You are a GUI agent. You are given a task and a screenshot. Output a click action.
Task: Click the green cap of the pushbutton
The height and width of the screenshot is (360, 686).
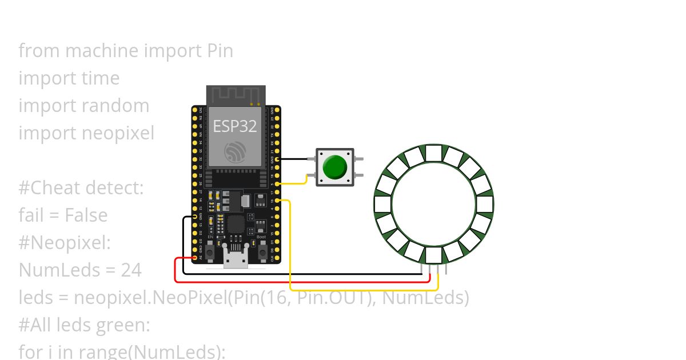pos(334,167)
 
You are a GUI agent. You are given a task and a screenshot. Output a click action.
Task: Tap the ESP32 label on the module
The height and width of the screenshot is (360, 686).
pos(235,126)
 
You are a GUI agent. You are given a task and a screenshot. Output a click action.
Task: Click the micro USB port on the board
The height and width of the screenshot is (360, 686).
pos(236,260)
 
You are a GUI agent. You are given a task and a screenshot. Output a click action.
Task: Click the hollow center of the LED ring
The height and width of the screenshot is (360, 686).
pos(433,205)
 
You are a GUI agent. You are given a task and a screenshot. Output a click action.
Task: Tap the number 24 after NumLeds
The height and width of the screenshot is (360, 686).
pos(131,270)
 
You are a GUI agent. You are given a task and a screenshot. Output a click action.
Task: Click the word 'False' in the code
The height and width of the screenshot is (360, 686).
pos(86,215)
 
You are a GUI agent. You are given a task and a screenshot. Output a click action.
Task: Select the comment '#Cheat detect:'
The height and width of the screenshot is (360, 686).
pos(81,187)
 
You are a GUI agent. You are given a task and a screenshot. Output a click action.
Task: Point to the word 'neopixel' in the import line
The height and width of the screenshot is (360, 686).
pos(118,133)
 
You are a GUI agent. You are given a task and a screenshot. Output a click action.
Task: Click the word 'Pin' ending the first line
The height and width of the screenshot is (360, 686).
pos(219,51)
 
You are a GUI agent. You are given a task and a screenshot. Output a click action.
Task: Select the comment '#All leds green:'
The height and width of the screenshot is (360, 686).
pos(84,325)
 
